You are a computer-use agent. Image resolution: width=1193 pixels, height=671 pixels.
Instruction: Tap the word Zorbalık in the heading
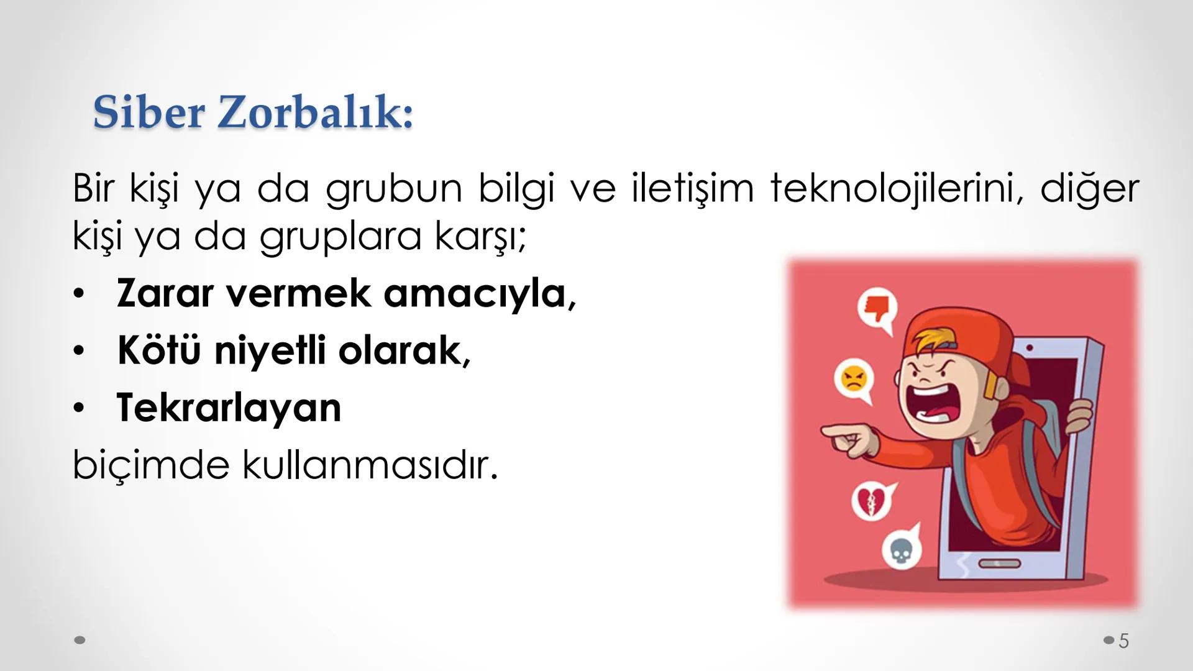[316, 112]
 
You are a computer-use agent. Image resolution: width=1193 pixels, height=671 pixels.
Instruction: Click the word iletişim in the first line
[692, 188]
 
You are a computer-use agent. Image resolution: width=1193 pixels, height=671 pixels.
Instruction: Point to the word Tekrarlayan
[229, 408]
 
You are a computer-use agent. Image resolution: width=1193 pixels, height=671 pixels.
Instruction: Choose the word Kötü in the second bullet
[158, 350]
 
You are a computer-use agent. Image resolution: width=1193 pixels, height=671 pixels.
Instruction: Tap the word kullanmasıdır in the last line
[370, 465]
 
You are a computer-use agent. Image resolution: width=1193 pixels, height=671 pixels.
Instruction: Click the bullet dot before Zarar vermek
[78, 294]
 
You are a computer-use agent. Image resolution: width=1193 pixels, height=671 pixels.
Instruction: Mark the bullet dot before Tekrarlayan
[78, 409]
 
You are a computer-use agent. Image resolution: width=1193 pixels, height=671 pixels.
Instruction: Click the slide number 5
[1123, 641]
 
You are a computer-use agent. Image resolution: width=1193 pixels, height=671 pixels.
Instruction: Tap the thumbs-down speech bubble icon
[877, 309]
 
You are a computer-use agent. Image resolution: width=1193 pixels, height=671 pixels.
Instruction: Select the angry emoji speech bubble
[854, 378]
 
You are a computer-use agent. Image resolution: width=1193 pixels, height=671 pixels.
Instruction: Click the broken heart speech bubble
[870, 501]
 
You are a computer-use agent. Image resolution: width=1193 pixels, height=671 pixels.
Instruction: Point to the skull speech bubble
[900, 549]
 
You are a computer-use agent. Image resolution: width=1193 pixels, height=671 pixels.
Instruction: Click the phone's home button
[1000, 564]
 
